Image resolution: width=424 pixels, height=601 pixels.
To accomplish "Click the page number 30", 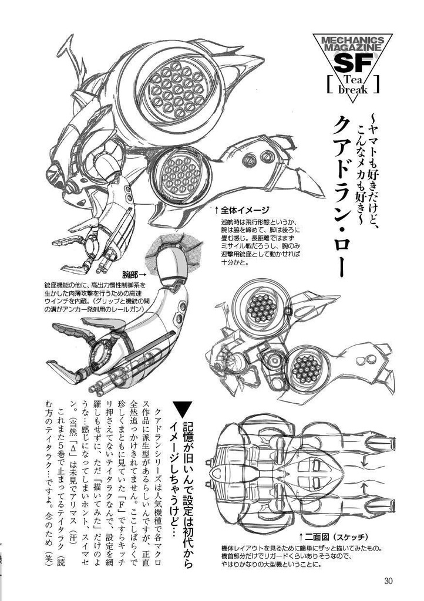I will point(388,581).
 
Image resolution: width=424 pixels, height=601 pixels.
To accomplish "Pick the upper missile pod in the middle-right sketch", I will point(258,306).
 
